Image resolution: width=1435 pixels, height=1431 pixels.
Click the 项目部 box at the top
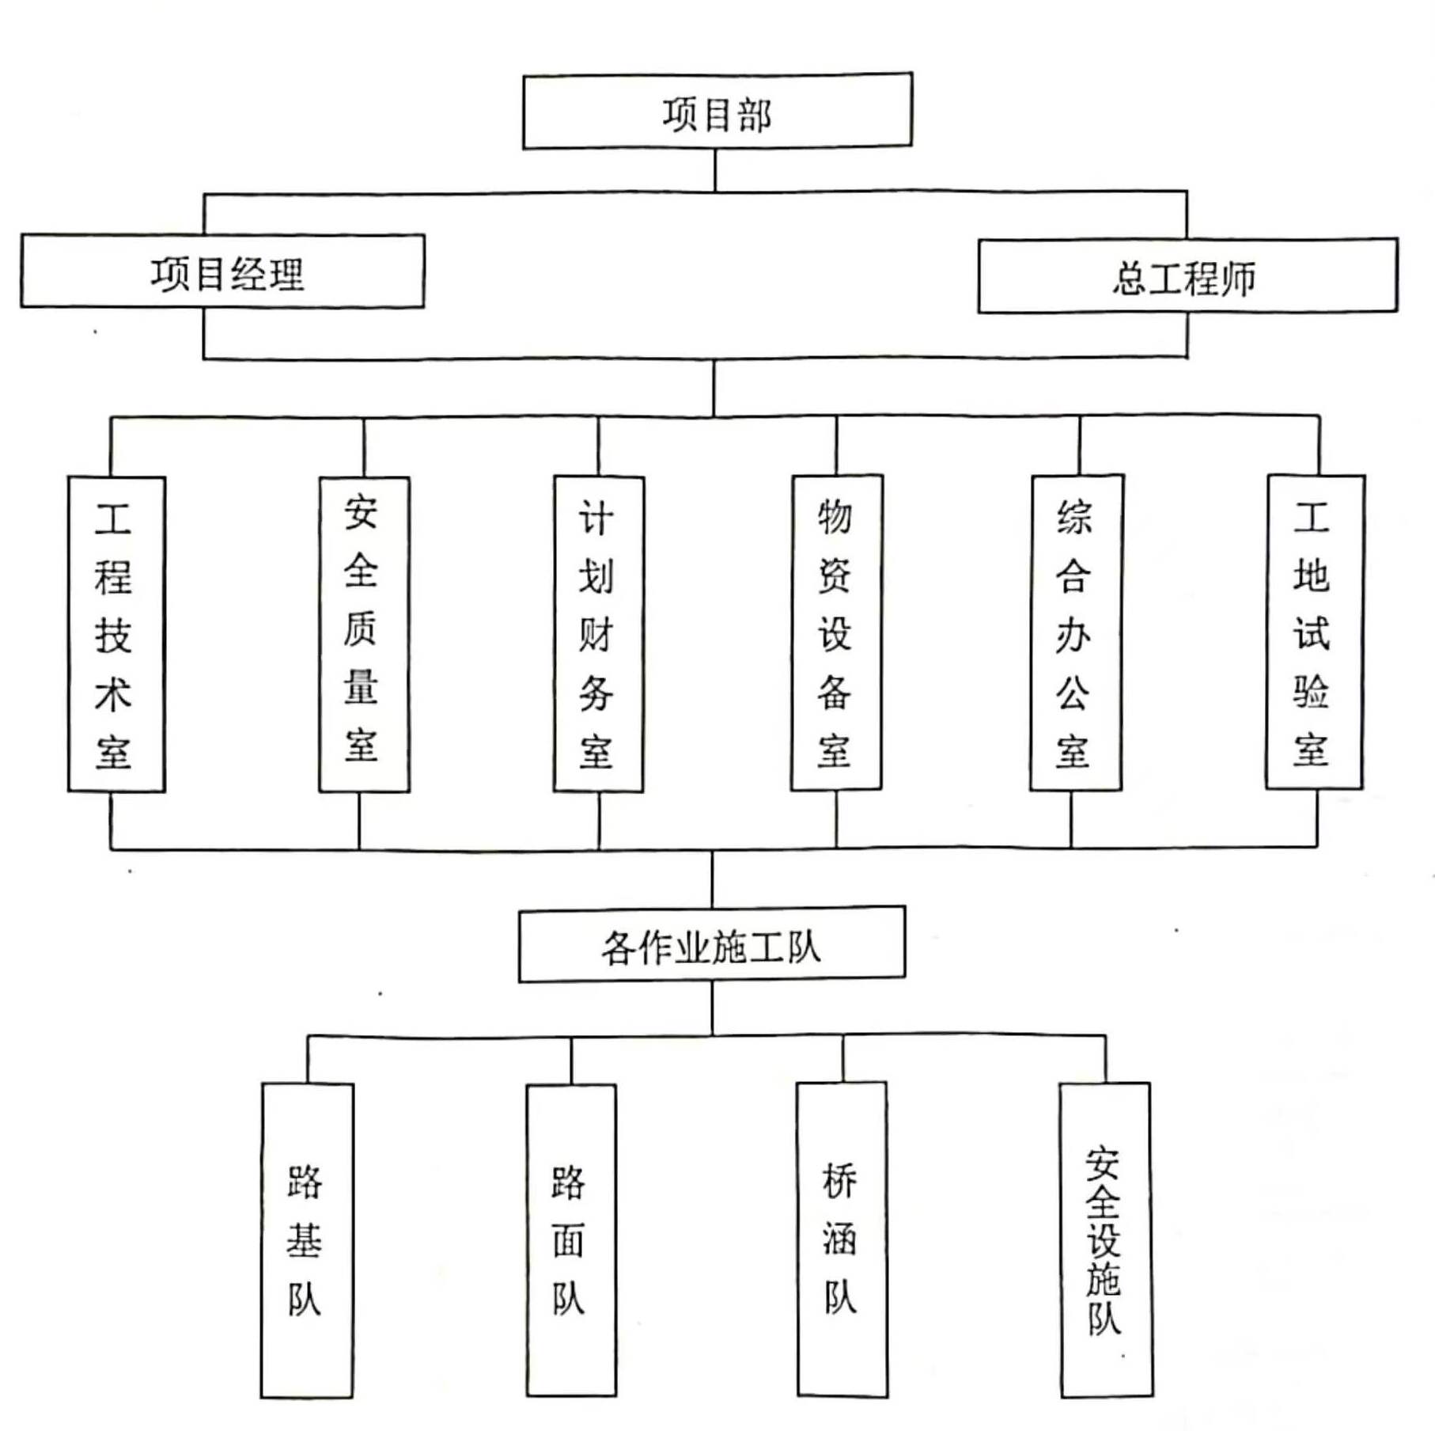click(717, 111)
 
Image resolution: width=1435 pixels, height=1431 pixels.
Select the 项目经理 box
click(222, 271)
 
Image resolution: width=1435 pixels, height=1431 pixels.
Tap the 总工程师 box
click(1187, 275)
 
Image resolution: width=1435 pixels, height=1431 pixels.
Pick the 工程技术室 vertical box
click(116, 633)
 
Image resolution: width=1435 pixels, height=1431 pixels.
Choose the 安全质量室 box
click(364, 633)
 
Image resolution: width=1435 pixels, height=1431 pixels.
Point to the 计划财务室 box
click(599, 633)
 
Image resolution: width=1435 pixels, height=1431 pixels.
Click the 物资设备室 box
click(836, 632)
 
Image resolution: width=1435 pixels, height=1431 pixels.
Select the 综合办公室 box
click(1076, 632)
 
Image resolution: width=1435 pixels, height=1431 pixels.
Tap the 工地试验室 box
click(1315, 631)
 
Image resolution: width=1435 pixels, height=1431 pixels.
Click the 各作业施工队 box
click(712, 944)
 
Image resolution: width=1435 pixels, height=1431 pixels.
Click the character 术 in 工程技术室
click(113, 694)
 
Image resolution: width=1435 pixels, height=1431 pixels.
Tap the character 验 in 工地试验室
click(1311, 690)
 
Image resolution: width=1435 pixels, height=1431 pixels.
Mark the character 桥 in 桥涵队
click(839, 1181)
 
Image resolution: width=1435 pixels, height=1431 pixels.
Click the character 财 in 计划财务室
click(596, 633)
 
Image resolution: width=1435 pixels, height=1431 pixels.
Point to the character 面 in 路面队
click(569, 1240)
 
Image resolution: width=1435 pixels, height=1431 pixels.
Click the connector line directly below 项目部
click(715, 169)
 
